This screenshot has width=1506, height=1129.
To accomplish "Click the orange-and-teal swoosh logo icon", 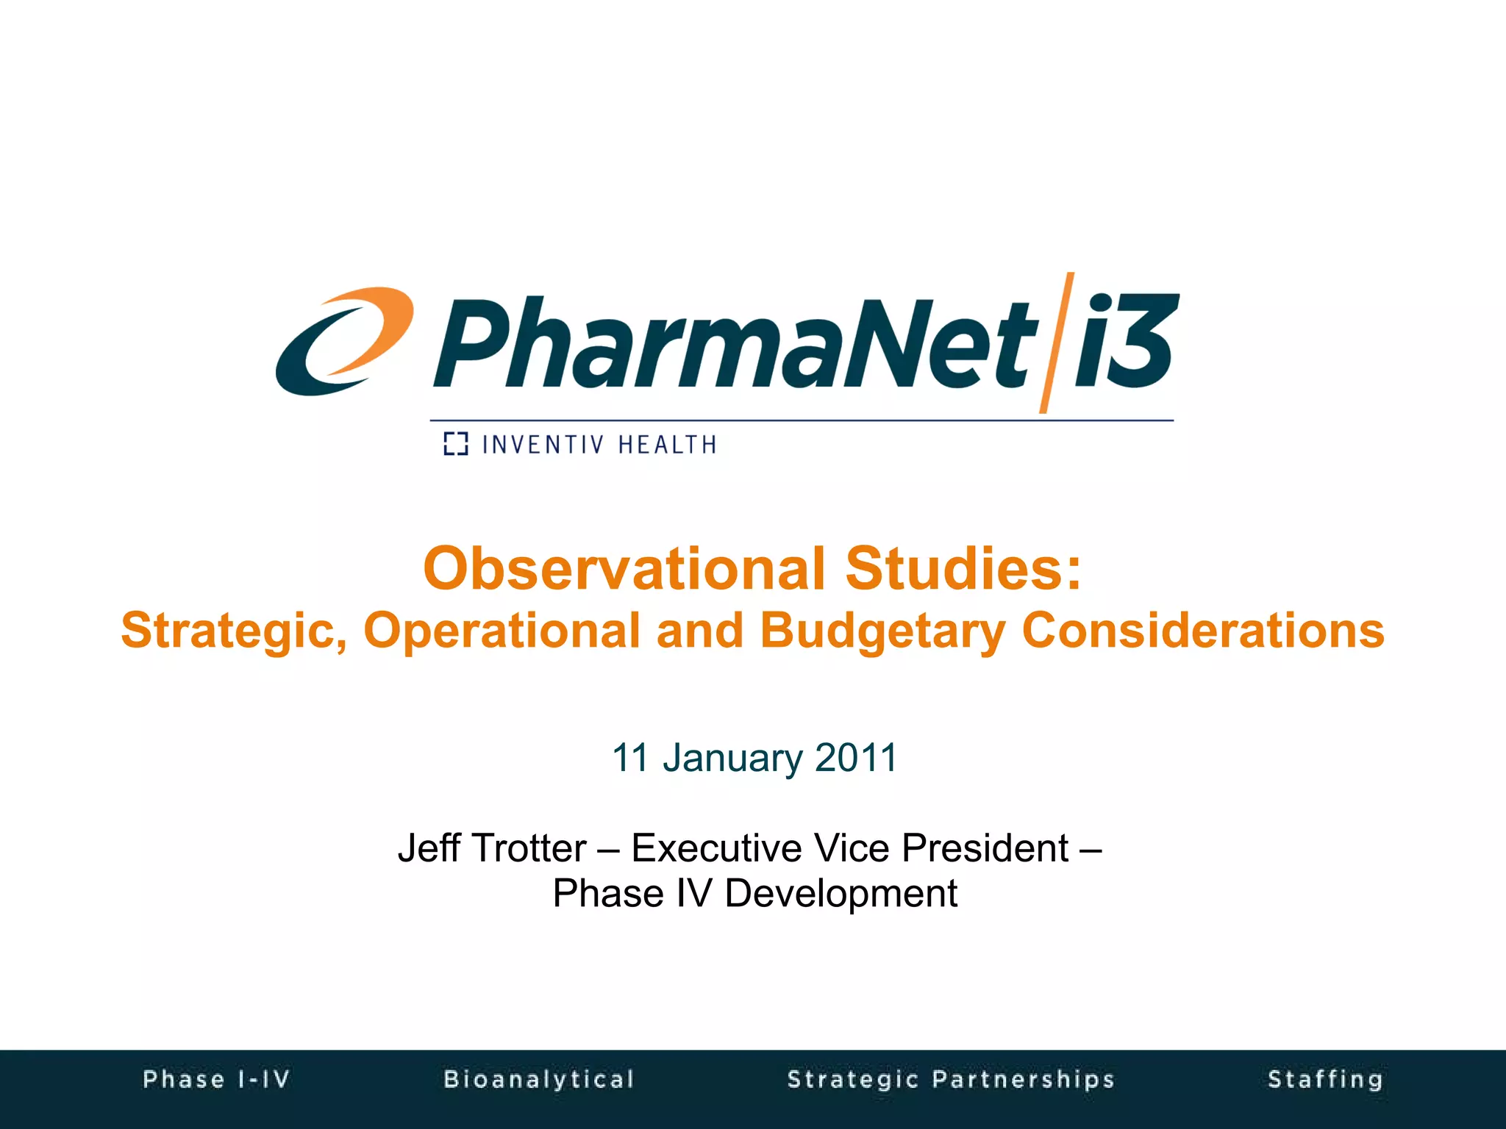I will (343, 341).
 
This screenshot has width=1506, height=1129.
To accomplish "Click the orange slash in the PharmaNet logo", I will (1056, 343).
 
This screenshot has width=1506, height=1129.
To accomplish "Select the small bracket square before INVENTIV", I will (456, 444).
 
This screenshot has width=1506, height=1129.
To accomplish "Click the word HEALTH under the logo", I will (667, 445).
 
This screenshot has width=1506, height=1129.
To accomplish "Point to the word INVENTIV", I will (543, 445).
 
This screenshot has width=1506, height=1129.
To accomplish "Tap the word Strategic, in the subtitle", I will (234, 631).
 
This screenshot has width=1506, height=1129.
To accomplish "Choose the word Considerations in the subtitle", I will (1203, 631).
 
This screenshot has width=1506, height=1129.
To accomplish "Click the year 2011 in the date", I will (856, 757).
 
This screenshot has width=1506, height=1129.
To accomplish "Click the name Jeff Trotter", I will (492, 848).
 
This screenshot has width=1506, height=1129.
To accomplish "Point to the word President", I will (985, 848).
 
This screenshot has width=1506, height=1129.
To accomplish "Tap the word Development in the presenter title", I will (841, 894).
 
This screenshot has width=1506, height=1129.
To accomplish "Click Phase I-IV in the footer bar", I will (217, 1079).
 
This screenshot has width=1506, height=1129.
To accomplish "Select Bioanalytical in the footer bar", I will (539, 1079).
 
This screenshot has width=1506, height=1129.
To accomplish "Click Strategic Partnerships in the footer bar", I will (951, 1079).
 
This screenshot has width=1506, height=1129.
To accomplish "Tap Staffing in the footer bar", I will (1325, 1079).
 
